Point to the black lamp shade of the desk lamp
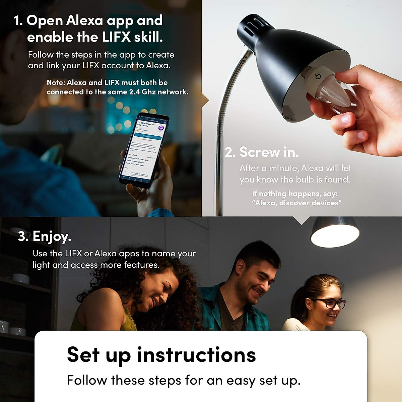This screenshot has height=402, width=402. pos(288,60)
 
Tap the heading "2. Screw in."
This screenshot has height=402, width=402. pos(262,152)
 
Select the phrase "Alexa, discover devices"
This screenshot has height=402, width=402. pos(297,203)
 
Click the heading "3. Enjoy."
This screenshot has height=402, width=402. pos(45,237)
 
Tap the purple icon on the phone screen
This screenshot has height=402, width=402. pos(161,128)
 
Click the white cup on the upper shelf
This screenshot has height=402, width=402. pos(21,278)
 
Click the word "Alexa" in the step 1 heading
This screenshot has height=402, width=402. pos(84,21)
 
